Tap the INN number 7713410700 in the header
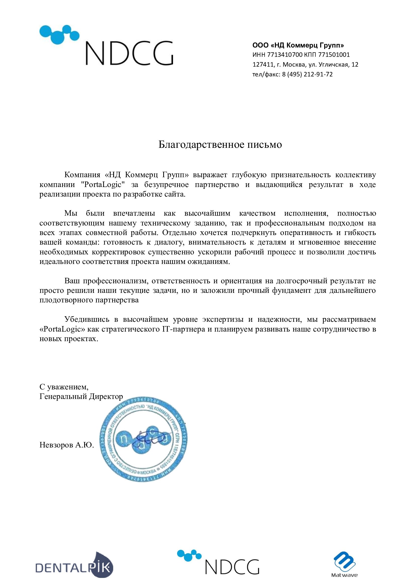coord(285,55)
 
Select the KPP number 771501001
coord(334,55)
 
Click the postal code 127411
coord(263,65)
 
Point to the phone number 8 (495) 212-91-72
coord(307,74)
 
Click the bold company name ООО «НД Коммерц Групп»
coord(298,45)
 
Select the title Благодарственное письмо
coord(220,145)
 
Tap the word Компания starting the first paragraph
coord(82,175)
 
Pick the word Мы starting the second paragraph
coord(71,213)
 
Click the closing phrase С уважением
coord(64,387)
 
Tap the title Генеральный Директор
coord(81,396)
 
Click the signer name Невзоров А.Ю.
coord(67,445)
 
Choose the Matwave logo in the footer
coord(344,564)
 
